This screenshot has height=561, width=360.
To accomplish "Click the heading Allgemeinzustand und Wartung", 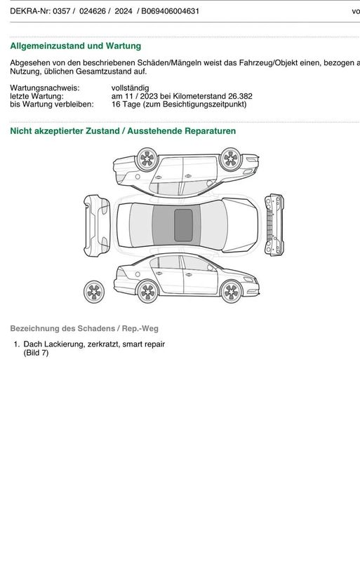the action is point(76,46).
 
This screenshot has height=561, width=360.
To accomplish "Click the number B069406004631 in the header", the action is point(170,11).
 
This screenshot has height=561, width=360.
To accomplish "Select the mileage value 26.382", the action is point(240,96).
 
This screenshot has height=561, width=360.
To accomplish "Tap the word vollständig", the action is point(130,88).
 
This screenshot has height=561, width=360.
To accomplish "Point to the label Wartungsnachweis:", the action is point(45,88).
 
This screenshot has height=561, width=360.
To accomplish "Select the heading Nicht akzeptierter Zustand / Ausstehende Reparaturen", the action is point(123,131).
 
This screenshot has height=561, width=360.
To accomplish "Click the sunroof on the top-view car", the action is point(183,225).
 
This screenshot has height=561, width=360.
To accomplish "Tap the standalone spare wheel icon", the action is point(94,292).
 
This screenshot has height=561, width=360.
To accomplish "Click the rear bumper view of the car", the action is point(97,225).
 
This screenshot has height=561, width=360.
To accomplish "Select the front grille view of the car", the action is point(274,224).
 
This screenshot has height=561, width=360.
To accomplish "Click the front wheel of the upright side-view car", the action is point(231,292).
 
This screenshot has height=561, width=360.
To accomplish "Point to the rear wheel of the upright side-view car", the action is point(147,292).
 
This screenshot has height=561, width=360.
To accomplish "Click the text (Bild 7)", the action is point(36,353).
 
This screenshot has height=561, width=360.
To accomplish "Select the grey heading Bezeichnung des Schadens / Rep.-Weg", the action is point(84,328).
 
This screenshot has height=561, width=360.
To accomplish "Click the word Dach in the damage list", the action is point(32,344).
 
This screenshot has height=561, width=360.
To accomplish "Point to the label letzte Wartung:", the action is point(36,96).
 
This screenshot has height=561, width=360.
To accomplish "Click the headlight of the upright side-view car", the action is point(248,279).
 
